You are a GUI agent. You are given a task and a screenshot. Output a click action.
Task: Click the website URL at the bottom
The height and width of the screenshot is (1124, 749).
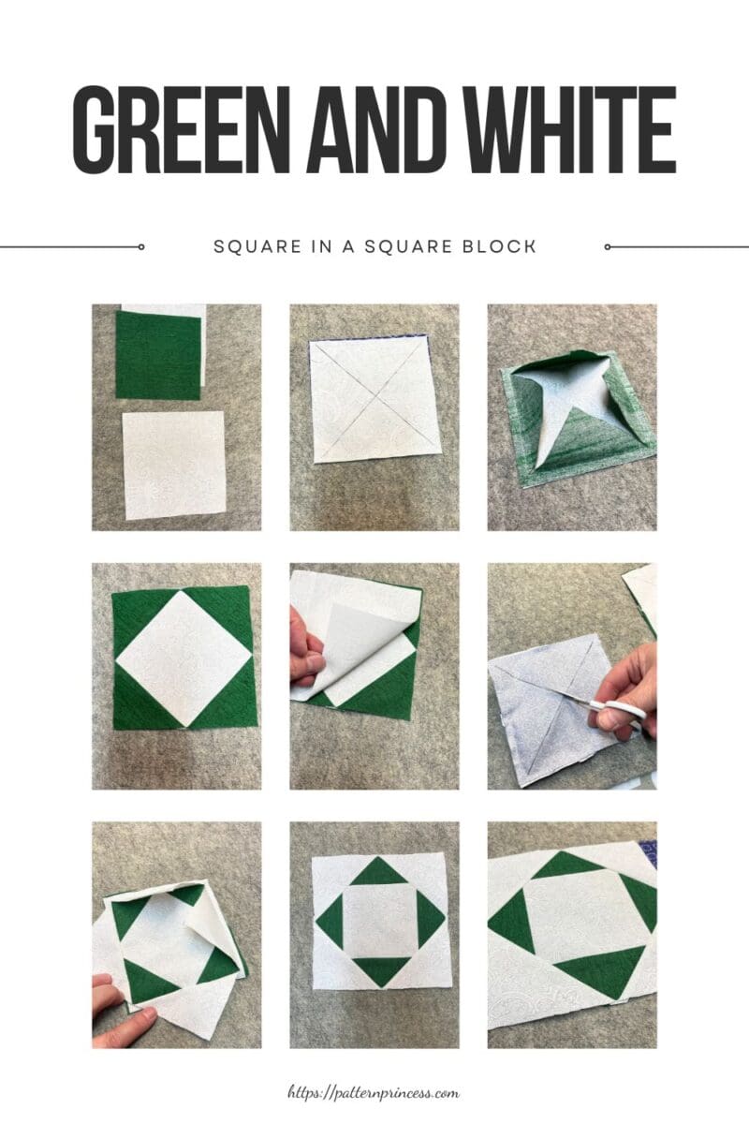pos(374,1092)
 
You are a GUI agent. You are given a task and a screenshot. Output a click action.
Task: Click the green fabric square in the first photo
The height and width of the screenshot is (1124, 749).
pos(157,355)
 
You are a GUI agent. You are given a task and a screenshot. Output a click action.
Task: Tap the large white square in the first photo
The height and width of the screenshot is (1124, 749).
pos(174,465)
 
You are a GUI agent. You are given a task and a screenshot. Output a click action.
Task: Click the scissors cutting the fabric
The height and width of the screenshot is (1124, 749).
pos(613,709)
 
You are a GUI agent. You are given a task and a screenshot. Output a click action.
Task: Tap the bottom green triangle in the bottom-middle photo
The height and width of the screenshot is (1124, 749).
pos(378,969)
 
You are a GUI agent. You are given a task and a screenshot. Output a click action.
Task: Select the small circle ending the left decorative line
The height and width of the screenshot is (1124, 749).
pos(140,247)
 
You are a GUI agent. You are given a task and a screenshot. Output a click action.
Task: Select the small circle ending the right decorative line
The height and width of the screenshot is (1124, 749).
pos(608,247)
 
